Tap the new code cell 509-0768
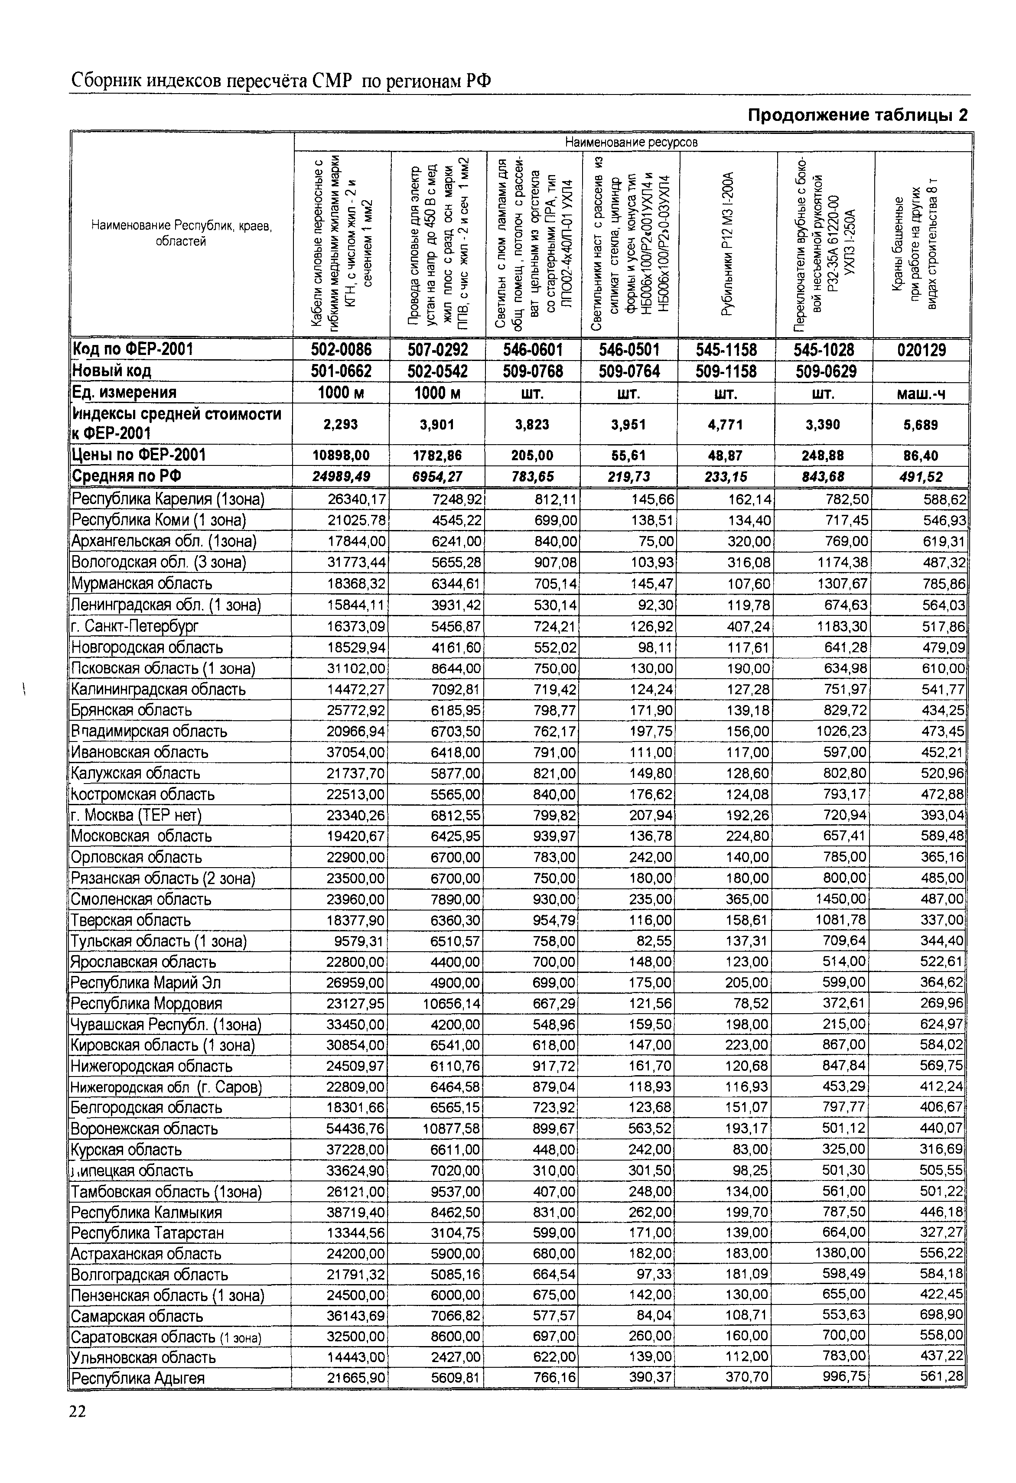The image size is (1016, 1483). [x=532, y=371]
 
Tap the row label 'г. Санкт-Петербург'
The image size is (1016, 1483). [x=135, y=626]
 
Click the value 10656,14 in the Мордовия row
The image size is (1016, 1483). [x=452, y=1004]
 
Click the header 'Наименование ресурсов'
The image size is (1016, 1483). [x=632, y=142]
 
